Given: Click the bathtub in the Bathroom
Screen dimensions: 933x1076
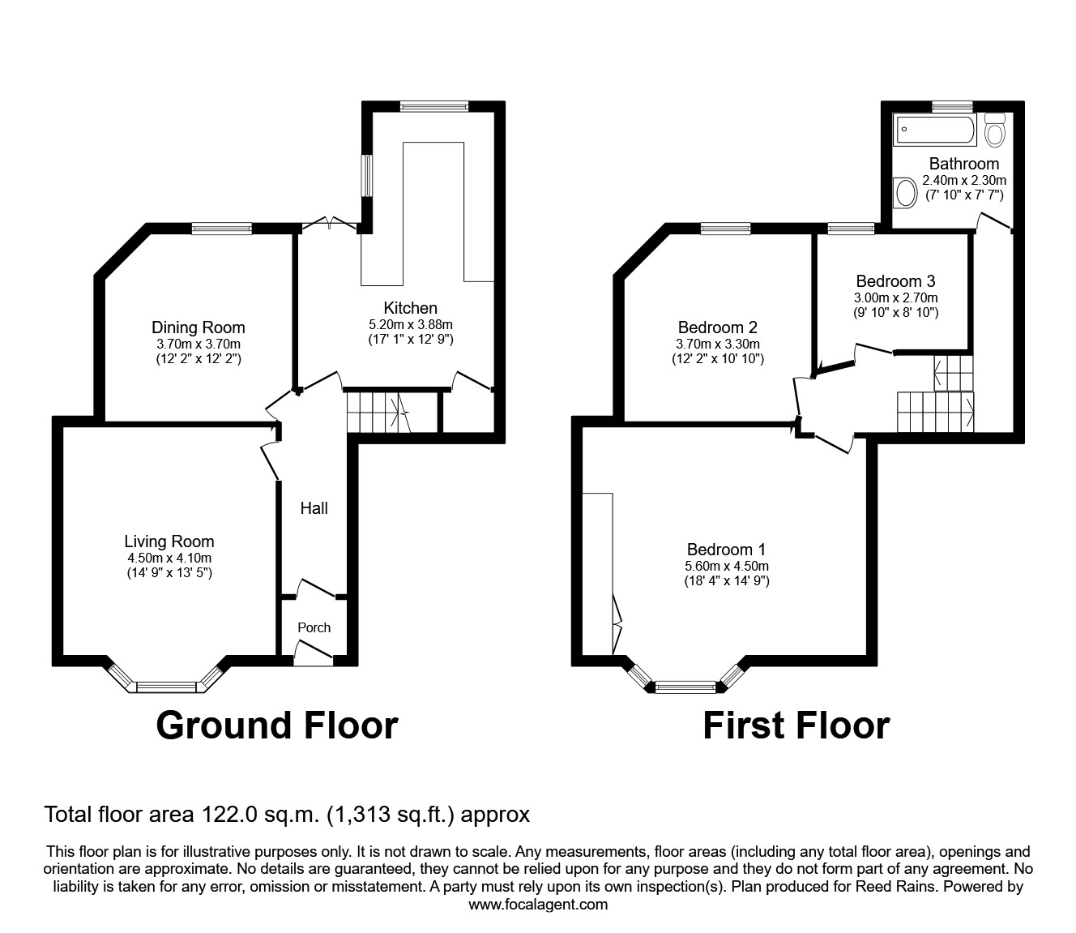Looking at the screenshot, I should pyautogui.click(x=935, y=130).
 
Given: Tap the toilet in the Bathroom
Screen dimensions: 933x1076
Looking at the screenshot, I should pyautogui.click(x=995, y=130).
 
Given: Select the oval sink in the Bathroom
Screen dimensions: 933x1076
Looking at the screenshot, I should pyautogui.click(x=905, y=193).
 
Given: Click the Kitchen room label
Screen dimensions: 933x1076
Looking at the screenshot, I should pyautogui.click(x=410, y=308).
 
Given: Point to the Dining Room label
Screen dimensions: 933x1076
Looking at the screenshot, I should pyautogui.click(x=199, y=327).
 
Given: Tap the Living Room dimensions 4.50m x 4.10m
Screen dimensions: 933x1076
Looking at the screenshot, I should pyautogui.click(x=169, y=558).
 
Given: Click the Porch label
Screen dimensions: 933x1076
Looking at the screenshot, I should pyautogui.click(x=314, y=627).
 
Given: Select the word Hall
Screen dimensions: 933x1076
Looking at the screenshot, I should pyautogui.click(x=314, y=508).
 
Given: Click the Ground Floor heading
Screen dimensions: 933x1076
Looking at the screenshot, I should pyautogui.click(x=276, y=725).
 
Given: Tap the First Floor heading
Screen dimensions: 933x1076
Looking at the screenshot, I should pyautogui.click(x=796, y=725).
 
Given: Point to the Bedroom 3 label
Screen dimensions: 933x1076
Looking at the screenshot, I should pyautogui.click(x=895, y=281).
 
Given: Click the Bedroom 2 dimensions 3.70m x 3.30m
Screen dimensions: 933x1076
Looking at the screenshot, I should pyautogui.click(x=717, y=344).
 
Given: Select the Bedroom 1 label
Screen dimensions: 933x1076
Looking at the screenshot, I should pyautogui.click(x=726, y=549).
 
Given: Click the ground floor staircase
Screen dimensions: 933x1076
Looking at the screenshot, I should pyautogui.click(x=378, y=412).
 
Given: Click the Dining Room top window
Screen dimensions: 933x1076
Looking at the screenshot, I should pyautogui.click(x=221, y=229).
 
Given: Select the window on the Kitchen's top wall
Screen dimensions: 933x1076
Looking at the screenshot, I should pyautogui.click(x=433, y=105).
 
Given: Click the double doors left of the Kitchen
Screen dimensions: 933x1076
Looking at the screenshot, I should pyautogui.click(x=329, y=224).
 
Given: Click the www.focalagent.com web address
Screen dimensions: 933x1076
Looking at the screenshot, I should pyautogui.click(x=538, y=905).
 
